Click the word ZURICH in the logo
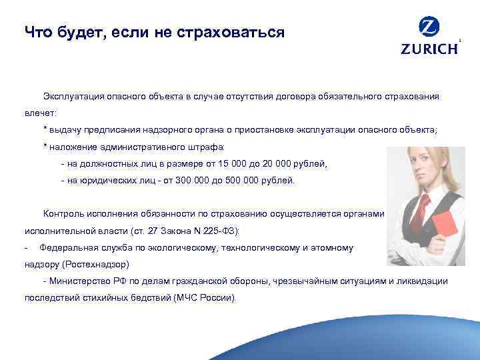[x=429, y=49]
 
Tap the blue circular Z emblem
[x=429, y=27]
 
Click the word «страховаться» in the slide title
[x=231, y=31]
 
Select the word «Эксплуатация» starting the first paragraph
[x=73, y=96]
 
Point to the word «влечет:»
[x=41, y=113]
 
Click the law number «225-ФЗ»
[x=221, y=231]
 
